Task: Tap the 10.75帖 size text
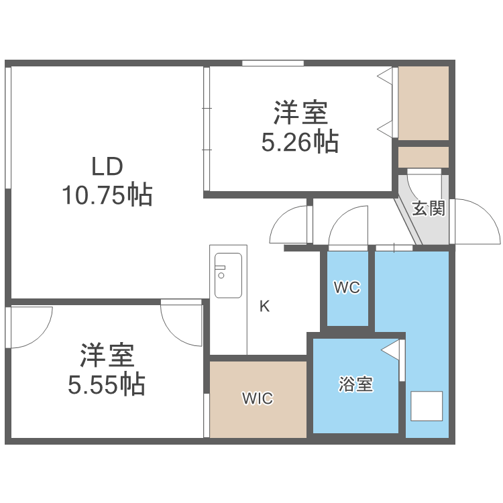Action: tap(107, 195)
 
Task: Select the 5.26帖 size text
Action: tap(298, 142)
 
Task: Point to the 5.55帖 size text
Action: tap(107, 384)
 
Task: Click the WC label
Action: tap(347, 288)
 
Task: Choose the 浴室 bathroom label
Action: tap(355, 385)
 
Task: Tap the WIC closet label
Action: tap(258, 398)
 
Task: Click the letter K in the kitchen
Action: tap(265, 307)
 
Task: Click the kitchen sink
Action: tap(228, 275)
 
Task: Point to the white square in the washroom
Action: tap(427, 406)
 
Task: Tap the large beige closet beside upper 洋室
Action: tap(423, 103)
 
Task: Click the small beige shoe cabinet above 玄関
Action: tap(423, 157)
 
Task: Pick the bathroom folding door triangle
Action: tap(393, 350)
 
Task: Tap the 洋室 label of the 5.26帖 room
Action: tap(299, 112)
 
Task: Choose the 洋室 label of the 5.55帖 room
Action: tap(107, 355)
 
